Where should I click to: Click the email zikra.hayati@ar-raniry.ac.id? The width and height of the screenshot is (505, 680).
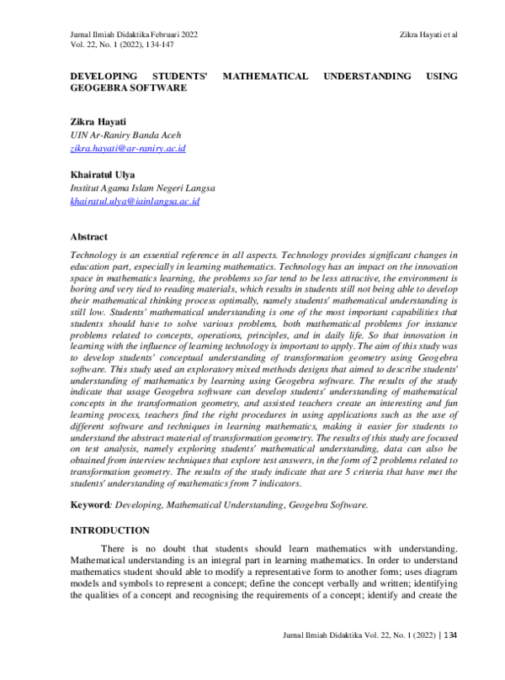[x=128, y=148]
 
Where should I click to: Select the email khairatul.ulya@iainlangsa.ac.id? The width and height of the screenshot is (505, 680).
[x=135, y=202]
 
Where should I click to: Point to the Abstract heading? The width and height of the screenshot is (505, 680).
[x=88, y=238]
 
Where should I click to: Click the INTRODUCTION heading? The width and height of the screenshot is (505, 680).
[x=109, y=530]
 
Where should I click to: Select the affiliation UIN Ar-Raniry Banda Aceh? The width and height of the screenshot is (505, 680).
[x=125, y=135]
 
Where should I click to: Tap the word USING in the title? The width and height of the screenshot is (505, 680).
[x=442, y=76]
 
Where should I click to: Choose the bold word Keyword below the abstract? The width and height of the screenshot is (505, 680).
[x=91, y=504]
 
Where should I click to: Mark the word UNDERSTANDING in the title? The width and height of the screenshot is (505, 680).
[x=368, y=76]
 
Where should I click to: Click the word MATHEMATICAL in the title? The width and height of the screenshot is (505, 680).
[x=265, y=76]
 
